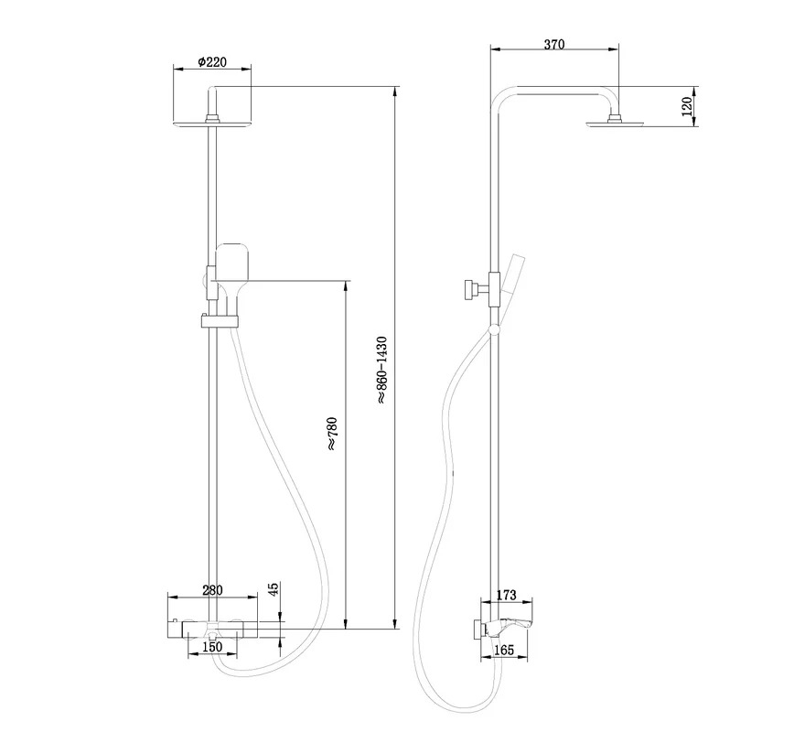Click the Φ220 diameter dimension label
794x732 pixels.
click(x=212, y=62)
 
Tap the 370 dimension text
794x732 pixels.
click(x=554, y=44)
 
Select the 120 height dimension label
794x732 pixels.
click(x=687, y=107)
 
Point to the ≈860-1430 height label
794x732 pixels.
click(x=381, y=370)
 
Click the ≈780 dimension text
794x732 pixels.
click(x=331, y=434)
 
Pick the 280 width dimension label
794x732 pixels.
click(x=212, y=590)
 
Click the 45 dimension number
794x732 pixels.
click(x=273, y=588)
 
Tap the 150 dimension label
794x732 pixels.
click(x=212, y=647)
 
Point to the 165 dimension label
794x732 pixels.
click(x=504, y=650)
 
